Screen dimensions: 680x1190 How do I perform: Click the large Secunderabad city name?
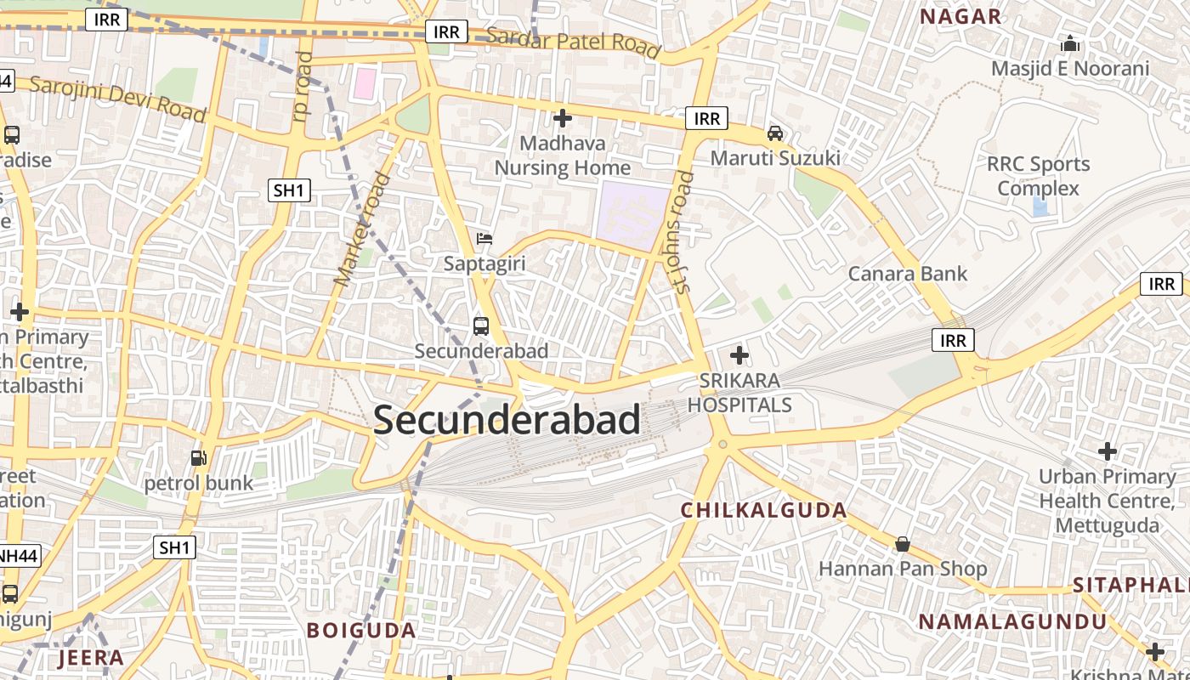tap(507, 420)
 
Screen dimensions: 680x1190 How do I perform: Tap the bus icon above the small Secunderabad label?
tap(481, 326)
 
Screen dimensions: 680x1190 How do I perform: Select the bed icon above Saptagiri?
tap(484, 239)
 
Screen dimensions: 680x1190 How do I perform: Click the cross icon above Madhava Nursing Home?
tap(563, 118)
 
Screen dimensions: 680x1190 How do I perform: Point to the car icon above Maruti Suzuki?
tap(775, 133)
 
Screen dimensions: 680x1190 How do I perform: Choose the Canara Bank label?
tap(908, 274)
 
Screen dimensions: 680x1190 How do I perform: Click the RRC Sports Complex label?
tap(1038, 176)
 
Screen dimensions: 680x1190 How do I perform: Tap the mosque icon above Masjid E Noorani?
tap(1070, 42)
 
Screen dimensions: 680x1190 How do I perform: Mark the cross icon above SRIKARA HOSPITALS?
tap(739, 354)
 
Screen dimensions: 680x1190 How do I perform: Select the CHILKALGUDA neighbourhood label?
tap(764, 511)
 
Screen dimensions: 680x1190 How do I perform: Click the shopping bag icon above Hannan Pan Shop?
tap(903, 544)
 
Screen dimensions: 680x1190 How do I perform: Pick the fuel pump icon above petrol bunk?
tap(199, 458)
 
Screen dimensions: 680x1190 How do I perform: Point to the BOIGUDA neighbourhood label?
tap(361, 631)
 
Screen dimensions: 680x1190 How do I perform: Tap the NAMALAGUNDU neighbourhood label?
tap(1012, 621)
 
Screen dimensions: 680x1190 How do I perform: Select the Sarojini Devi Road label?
tap(118, 99)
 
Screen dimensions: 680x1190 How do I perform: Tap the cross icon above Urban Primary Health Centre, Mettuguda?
tap(1107, 451)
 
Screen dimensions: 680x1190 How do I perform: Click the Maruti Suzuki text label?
tap(775, 158)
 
